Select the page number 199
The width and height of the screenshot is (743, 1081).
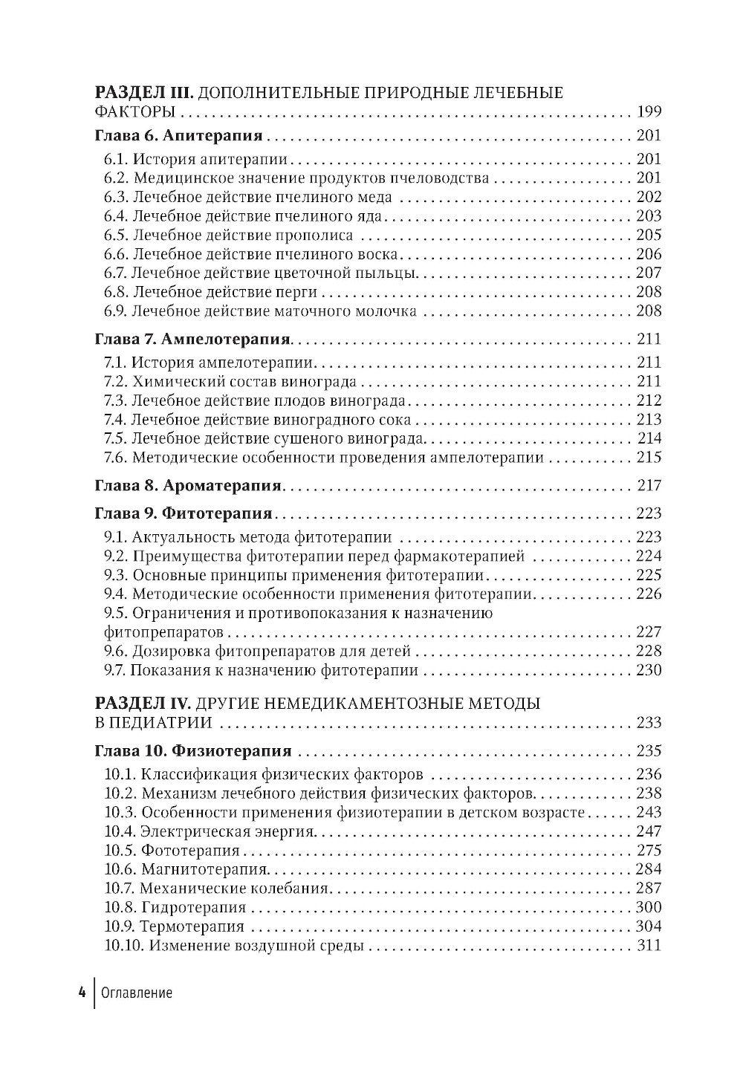tap(649, 112)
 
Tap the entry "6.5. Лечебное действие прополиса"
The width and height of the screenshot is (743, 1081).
tap(228, 236)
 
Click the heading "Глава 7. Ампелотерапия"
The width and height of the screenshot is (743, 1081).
tap(193, 340)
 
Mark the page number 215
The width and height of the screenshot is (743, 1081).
tap(649, 458)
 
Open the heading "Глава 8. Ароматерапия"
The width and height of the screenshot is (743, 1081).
tap(189, 486)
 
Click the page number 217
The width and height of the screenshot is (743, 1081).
tap(649, 486)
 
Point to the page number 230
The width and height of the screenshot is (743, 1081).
tap(649, 671)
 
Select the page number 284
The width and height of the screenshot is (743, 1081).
tap(649, 869)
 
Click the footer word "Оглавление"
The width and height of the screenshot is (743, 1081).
tap(136, 993)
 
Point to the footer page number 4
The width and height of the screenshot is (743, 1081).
tap(81, 993)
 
